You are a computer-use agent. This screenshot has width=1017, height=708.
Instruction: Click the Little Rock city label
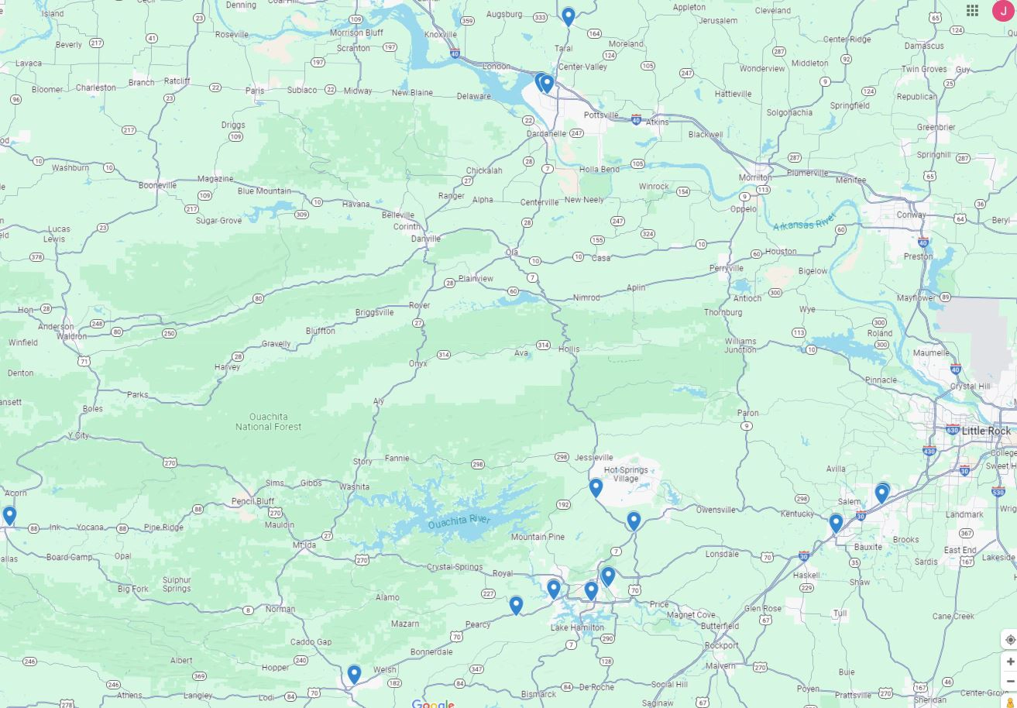[x=986, y=431]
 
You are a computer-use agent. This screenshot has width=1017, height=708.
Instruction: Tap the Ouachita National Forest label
[x=269, y=421]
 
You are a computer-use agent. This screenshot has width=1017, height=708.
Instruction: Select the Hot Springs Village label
[x=626, y=474]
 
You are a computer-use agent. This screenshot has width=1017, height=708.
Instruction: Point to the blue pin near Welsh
[x=354, y=674]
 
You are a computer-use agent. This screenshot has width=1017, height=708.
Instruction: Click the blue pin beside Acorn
[x=9, y=515]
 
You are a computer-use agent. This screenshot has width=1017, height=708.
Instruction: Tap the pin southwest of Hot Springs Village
[x=596, y=487]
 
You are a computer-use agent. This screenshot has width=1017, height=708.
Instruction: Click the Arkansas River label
[x=804, y=222]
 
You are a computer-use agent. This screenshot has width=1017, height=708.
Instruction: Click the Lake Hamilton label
[x=577, y=627]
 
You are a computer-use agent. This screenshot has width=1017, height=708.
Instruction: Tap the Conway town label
[x=911, y=215]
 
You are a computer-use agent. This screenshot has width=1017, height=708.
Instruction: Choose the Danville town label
[x=426, y=239]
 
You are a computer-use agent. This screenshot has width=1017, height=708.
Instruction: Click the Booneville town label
[x=158, y=185]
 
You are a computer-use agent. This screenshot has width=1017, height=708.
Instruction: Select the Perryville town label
[x=726, y=268]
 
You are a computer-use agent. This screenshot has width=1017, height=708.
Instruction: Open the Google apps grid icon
[x=972, y=11]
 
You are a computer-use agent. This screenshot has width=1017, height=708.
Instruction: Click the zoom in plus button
[x=1010, y=662]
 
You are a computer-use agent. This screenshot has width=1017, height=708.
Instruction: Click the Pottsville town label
[x=601, y=115]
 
